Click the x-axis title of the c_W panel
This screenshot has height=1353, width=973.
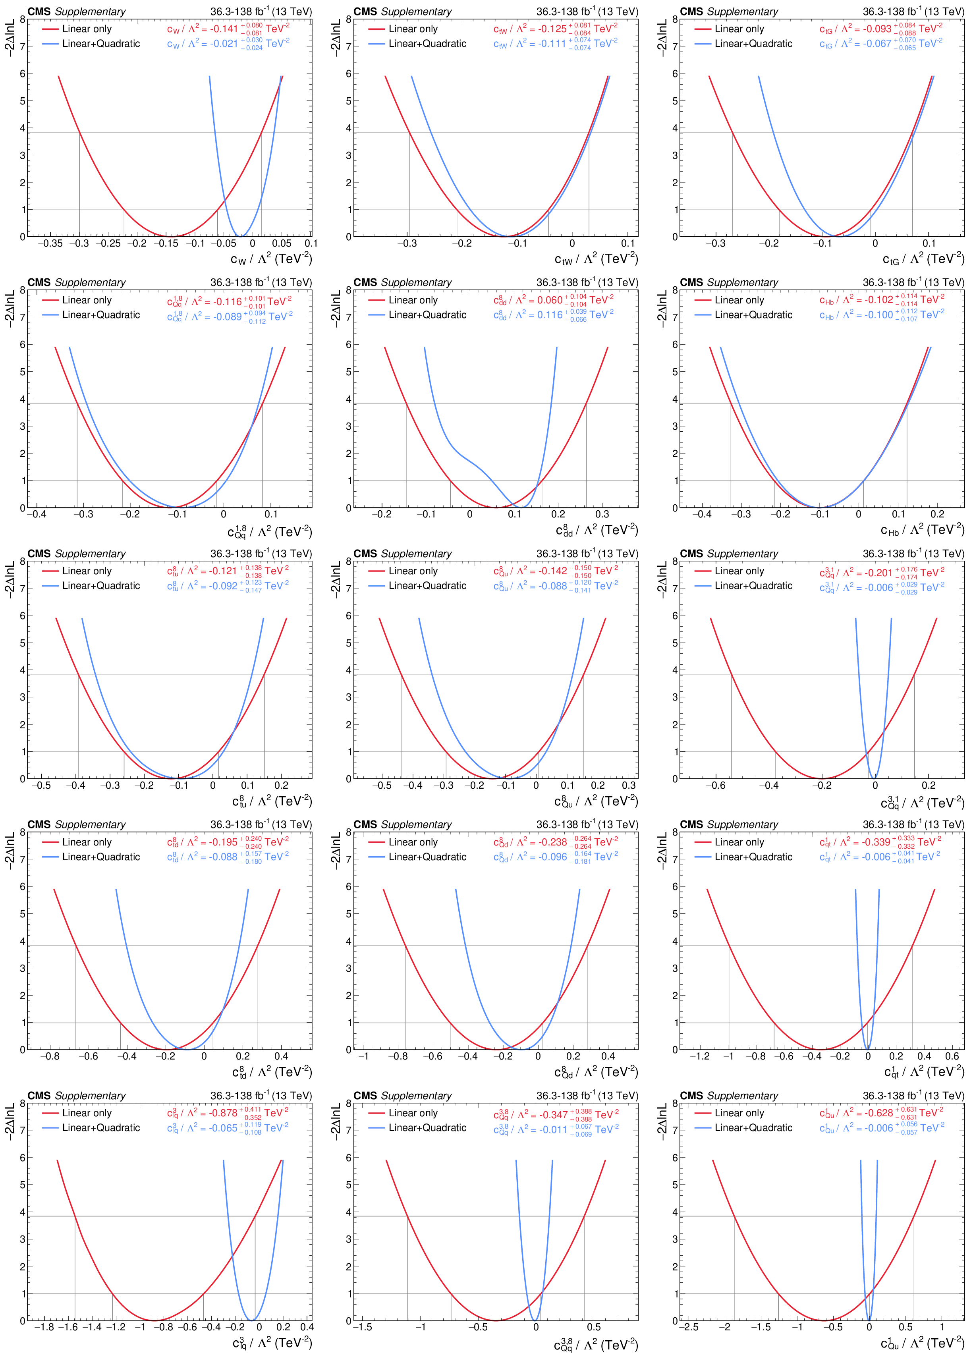click(271, 258)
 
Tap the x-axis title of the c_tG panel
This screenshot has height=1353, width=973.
click(923, 258)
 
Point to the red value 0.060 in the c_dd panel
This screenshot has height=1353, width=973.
click(549, 300)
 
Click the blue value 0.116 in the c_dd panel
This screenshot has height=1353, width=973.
click(549, 315)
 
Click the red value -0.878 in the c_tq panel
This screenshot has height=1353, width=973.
click(223, 1113)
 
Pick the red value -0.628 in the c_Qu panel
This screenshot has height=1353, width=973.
click(877, 1113)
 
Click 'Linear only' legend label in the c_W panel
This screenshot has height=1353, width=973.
click(87, 29)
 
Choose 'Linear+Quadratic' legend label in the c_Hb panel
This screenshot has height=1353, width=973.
click(753, 315)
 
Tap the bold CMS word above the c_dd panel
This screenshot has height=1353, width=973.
click(365, 282)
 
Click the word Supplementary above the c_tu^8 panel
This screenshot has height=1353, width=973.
click(90, 554)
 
